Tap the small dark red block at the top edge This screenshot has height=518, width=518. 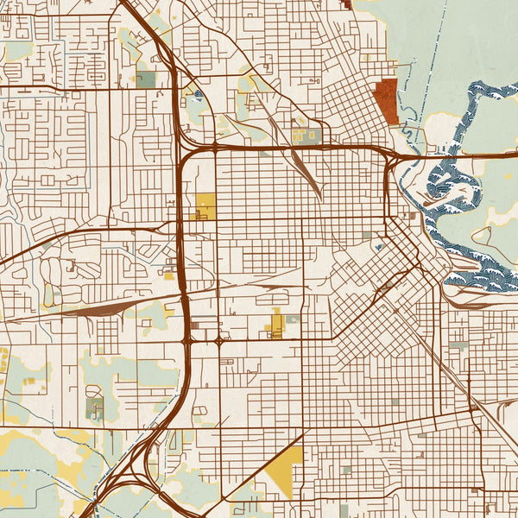(x=347, y=3)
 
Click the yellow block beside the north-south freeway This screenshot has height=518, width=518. (x=205, y=205)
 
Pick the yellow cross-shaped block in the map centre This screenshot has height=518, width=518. (x=277, y=325)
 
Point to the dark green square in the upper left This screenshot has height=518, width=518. (x=145, y=79)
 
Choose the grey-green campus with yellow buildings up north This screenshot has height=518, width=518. (x=306, y=135)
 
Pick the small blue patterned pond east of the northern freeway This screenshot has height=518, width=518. (x=199, y=96)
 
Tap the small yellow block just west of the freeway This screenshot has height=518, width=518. (x=168, y=276)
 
